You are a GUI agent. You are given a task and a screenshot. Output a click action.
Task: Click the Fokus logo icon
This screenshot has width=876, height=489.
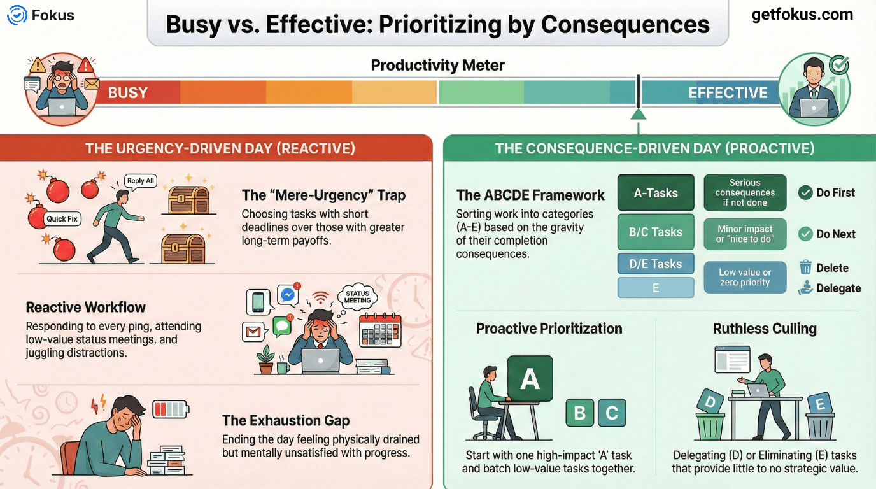pyautogui.click(x=17, y=15)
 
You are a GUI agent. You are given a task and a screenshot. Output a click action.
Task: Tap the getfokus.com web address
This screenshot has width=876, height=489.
pyautogui.click(x=802, y=15)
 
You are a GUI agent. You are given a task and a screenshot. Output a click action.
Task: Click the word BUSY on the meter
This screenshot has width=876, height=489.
pyautogui.click(x=128, y=93)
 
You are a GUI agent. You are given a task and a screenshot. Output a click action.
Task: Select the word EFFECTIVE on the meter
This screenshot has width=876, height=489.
pyautogui.click(x=728, y=93)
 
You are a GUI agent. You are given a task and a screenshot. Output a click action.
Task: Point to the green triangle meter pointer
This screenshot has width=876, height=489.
pyautogui.click(x=638, y=113)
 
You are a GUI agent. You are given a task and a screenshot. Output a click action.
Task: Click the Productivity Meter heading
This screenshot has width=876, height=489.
pyautogui.click(x=437, y=65)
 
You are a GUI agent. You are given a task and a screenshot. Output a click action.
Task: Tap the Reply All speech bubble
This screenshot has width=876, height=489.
pyautogui.click(x=141, y=181)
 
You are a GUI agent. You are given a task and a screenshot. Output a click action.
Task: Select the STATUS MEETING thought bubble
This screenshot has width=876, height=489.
pyautogui.click(x=357, y=297)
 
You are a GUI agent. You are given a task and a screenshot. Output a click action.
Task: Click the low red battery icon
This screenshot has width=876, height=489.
pyautogui.click(x=171, y=408)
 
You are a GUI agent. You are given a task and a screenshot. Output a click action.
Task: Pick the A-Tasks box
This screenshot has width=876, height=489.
pyautogui.click(x=656, y=193)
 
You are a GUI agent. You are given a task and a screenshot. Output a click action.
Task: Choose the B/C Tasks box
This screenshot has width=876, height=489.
pyautogui.click(x=656, y=232)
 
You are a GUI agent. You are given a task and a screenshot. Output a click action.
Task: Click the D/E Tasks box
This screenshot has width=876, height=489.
pyautogui.click(x=656, y=264)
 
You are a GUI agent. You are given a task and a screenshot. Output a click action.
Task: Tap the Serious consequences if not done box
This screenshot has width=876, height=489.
pyautogui.click(x=745, y=193)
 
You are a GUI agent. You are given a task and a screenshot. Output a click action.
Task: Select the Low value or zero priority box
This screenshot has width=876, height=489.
pyautogui.click(x=745, y=278)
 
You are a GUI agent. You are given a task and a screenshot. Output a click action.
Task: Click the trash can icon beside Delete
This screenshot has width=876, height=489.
pyautogui.click(x=805, y=267)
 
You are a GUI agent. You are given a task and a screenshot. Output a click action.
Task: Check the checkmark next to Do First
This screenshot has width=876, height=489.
pyautogui.click(x=805, y=193)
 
